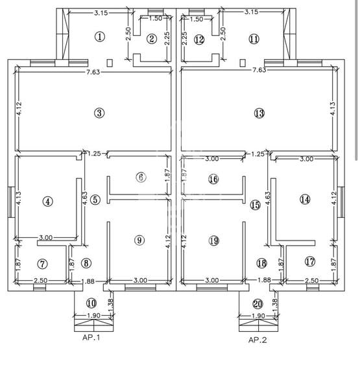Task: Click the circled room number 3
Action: (99, 113)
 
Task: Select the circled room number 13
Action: (259, 113)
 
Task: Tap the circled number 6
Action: (141, 178)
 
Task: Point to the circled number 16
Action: (214, 179)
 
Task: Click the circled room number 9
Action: (139, 241)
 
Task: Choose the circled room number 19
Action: (214, 241)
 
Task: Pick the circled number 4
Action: (47, 201)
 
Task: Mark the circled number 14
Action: (305, 199)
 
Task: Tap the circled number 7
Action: (43, 264)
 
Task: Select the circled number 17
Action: (310, 262)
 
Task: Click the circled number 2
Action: (152, 39)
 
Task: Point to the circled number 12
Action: (199, 40)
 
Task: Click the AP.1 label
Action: (91, 338)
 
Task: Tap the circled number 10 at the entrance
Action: (91, 303)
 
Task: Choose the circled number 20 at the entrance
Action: (258, 303)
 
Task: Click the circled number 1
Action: (99, 36)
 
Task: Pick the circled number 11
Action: (254, 39)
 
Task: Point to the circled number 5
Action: (95, 200)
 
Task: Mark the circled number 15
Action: (255, 205)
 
